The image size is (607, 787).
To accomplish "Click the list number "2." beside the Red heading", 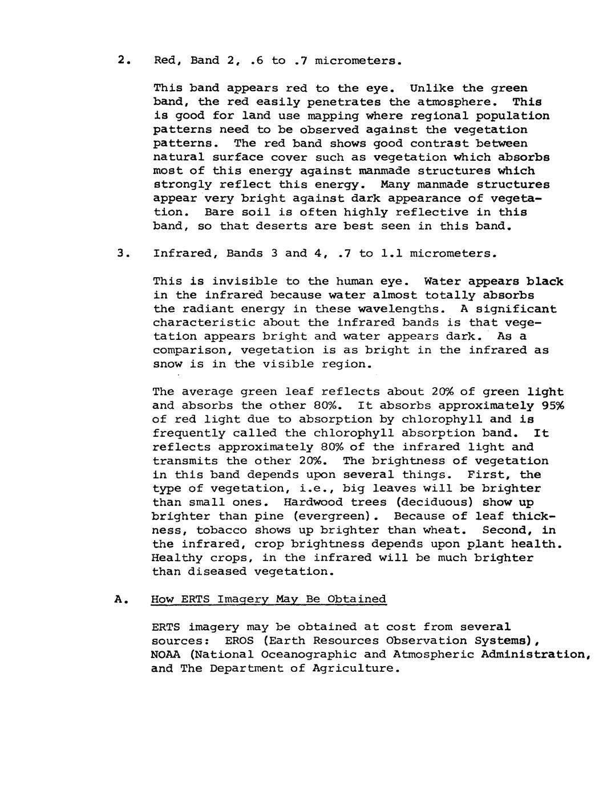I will pyautogui.click(x=122, y=60).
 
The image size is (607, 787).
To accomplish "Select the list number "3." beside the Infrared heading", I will pyautogui.click(x=122, y=253).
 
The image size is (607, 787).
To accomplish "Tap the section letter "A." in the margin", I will pyautogui.click(x=120, y=599).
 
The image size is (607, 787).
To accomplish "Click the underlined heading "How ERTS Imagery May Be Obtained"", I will pyautogui.click(x=268, y=599).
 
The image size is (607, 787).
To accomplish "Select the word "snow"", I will pyautogui.click(x=168, y=364).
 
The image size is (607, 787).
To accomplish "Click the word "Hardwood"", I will pyautogui.click(x=311, y=503).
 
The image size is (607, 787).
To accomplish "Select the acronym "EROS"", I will pyautogui.click(x=239, y=641).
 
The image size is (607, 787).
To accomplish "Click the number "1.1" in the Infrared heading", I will pyautogui.click(x=391, y=253).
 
